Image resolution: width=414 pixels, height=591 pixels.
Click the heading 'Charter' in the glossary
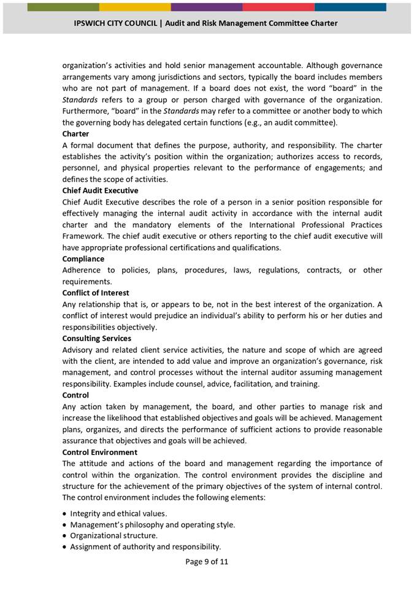[x=75, y=134]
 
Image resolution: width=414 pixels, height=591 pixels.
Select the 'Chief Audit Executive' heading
[x=100, y=190]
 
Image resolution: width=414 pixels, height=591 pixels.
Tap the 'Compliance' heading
[x=83, y=258]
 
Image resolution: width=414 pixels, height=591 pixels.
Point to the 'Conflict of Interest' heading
[x=96, y=293]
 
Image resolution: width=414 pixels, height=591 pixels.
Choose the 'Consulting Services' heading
[x=97, y=338]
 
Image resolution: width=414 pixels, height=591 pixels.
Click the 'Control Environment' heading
[x=99, y=452]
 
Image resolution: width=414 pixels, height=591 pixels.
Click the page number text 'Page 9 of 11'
[x=207, y=561]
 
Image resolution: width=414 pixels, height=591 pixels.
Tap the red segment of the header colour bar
[x=278, y=7]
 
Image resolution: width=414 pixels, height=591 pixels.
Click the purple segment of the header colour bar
[x=206, y=7]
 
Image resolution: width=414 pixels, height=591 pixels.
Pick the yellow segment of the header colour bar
[x=134, y=7]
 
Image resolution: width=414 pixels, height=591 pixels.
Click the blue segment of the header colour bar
[x=350, y=7]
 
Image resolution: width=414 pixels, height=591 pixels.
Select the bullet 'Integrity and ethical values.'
[x=118, y=513]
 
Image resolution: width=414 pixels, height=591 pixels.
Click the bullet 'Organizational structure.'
[x=113, y=535]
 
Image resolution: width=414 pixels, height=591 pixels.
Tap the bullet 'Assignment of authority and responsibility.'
[x=145, y=547]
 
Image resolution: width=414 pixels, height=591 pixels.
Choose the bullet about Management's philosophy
[x=152, y=524]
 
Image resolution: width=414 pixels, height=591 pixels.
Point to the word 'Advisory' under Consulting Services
[x=78, y=350]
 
